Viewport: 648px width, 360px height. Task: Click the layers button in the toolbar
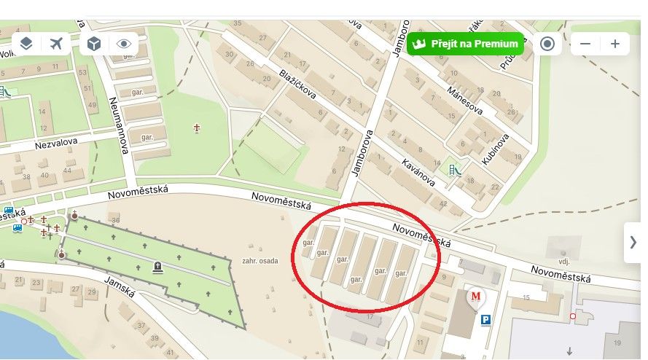(26, 44)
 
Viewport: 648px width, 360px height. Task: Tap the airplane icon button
(57, 44)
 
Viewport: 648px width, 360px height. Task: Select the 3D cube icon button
(94, 44)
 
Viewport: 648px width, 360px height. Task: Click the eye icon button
(124, 44)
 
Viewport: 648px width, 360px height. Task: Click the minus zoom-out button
(585, 44)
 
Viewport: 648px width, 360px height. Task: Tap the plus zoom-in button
(615, 44)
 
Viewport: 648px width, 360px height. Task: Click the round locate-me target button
(547, 44)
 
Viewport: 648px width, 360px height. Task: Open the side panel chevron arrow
(633, 243)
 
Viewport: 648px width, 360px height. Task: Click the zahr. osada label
(259, 261)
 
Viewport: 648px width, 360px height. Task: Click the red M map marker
(476, 297)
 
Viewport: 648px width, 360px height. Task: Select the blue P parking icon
(485, 319)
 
